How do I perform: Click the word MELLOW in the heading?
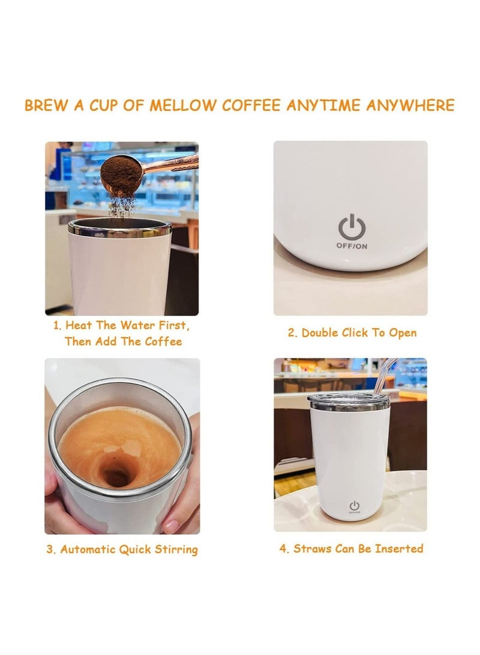[x=183, y=106]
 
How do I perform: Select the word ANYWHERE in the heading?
[x=410, y=106]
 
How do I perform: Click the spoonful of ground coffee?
[x=121, y=175]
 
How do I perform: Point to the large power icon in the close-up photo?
[x=352, y=228]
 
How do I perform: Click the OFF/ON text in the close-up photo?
[x=352, y=246]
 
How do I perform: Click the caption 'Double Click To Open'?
[x=352, y=332]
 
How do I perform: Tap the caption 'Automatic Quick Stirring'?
[x=122, y=549]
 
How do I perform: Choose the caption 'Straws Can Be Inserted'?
[x=351, y=548]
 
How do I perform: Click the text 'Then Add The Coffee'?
[x=123, y=341]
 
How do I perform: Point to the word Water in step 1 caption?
[x=137, y=326]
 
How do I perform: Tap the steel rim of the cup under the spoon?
[x=119, y=227]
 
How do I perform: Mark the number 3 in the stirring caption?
[x=50, y=549]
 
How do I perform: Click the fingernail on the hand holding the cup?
[x=172, y=526]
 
